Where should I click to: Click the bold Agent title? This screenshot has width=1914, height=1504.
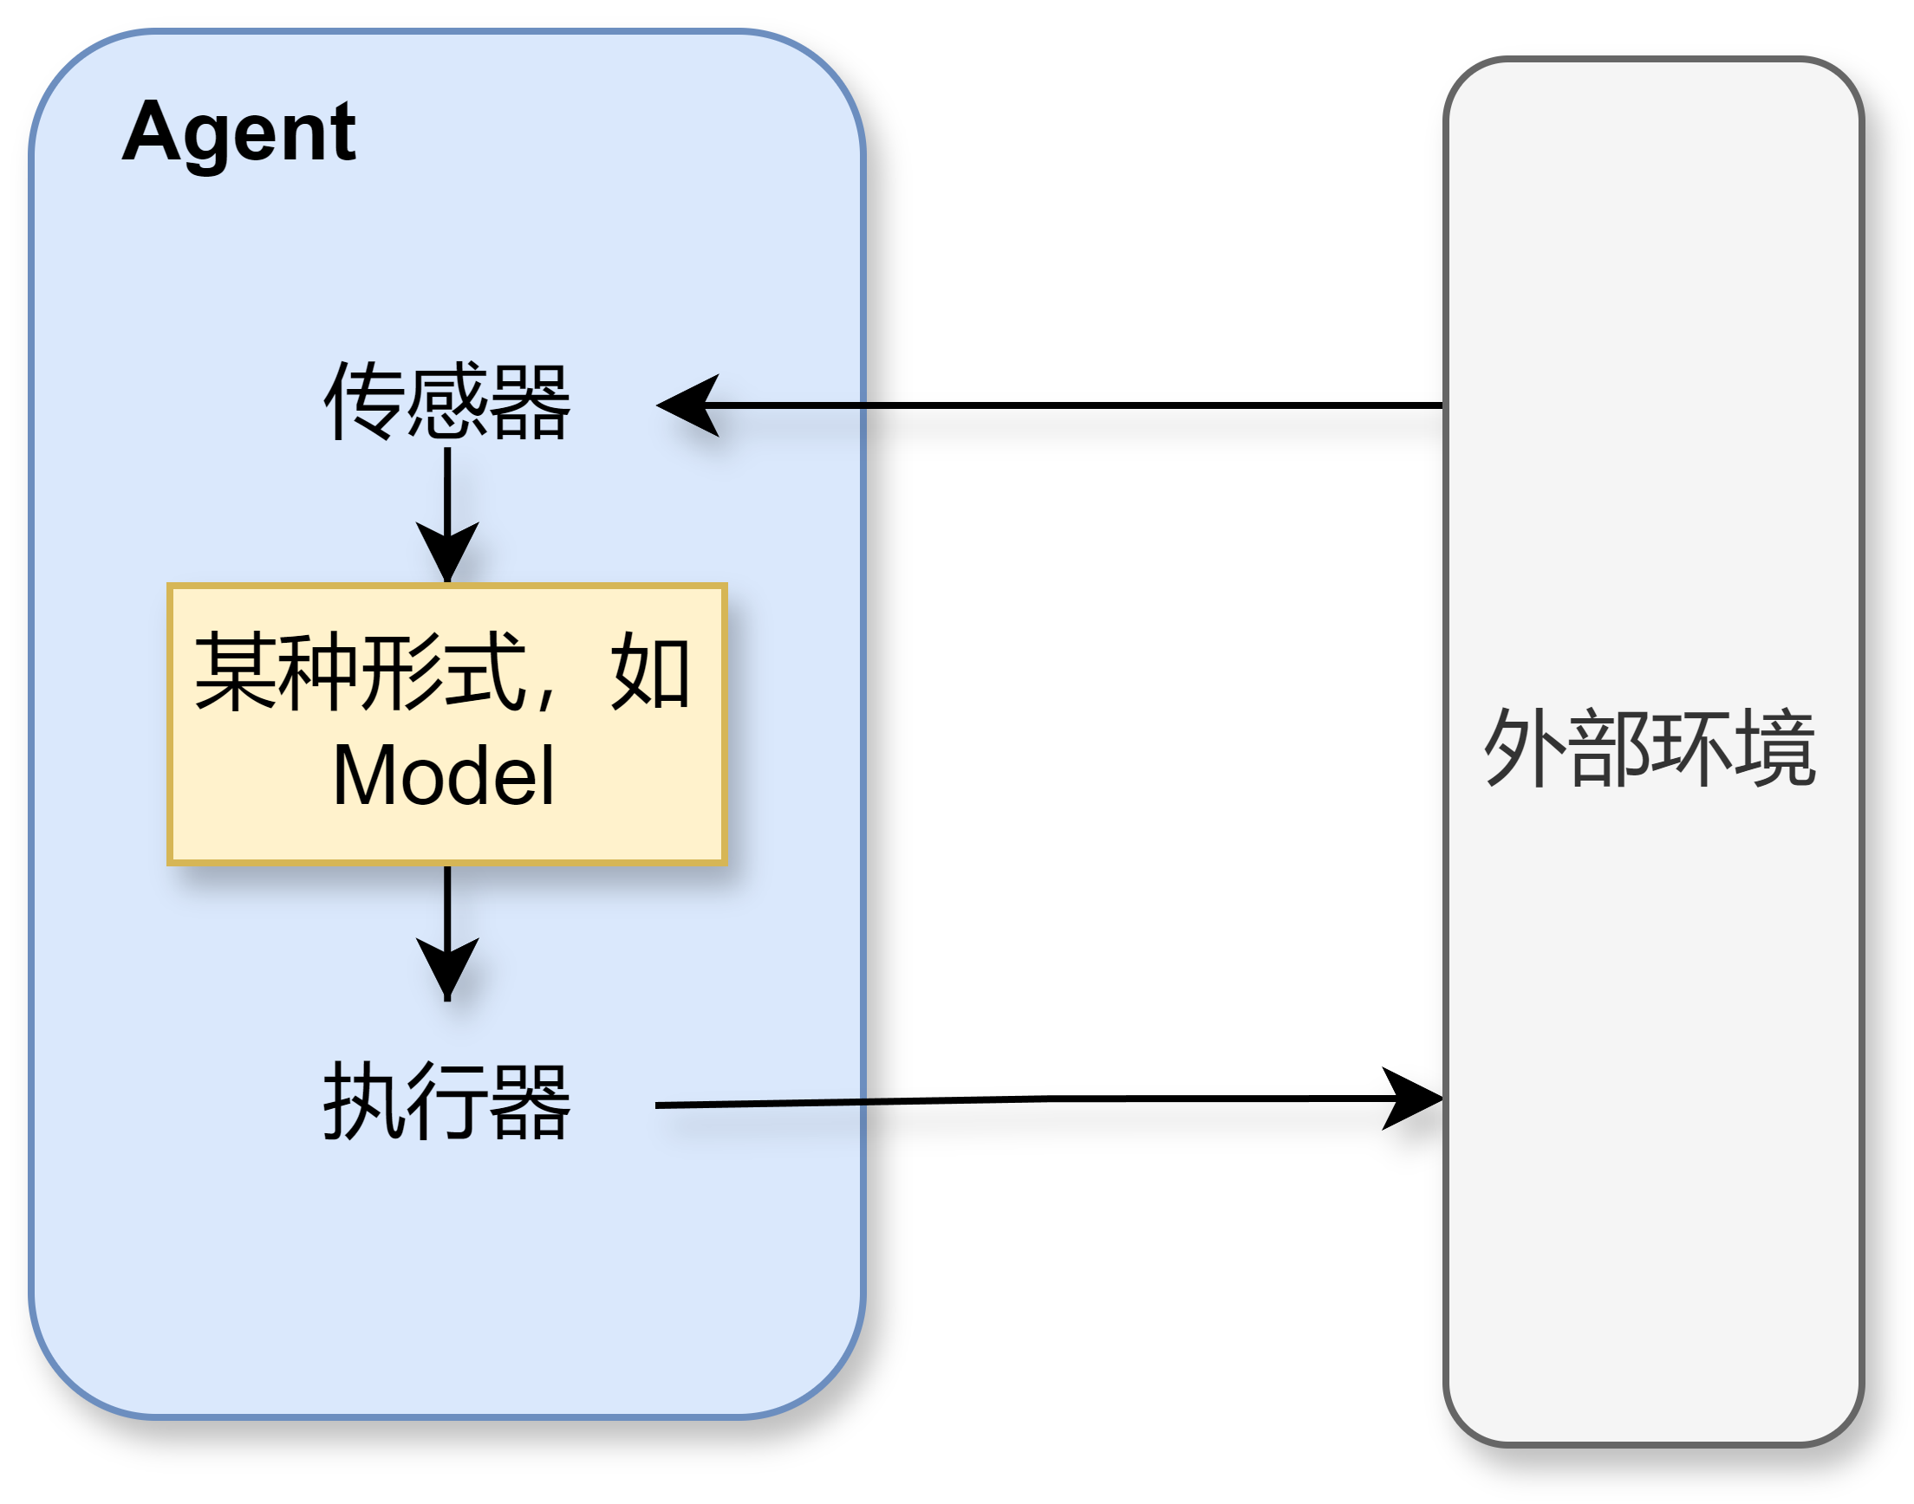(238, 132)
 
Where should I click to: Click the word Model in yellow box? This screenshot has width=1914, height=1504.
(444, 775)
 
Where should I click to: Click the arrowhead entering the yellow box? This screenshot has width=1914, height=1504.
(447, 553)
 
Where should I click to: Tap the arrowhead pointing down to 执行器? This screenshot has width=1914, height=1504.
(447, 969)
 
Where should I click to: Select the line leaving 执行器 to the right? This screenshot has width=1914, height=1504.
(762, 1104)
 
